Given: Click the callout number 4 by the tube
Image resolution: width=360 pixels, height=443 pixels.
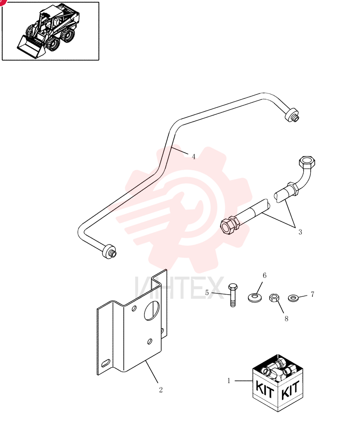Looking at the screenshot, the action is click(193, 156).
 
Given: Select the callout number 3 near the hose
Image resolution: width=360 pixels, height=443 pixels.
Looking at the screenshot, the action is click(300, 232).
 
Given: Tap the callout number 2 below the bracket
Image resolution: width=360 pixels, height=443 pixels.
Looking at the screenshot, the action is click(161, 390).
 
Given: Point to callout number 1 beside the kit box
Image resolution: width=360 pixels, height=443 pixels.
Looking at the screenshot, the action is click(229, 381).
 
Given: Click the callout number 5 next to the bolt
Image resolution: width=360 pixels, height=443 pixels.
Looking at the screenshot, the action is click(207, 293).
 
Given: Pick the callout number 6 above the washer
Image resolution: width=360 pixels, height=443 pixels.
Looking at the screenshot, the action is click(265, 276).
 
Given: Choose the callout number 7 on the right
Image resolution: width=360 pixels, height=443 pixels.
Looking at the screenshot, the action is click(313, 295).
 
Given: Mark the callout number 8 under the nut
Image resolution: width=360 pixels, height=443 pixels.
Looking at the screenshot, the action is click(286, 319).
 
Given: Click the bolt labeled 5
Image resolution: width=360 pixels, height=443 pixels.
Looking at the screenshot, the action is click(233, 295).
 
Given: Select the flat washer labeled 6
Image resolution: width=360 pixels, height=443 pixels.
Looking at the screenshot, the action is click(255, 297).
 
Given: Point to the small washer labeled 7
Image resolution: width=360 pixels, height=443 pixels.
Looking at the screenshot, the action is click(293, 298).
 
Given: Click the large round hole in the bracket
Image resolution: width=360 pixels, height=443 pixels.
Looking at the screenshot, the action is click(152, 311).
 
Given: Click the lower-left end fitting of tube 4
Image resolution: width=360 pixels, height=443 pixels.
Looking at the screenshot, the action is click(109, 252).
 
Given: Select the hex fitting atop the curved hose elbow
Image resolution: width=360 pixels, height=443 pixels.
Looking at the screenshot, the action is click(307, 162).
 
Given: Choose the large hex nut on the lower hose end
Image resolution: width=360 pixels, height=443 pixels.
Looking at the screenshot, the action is click(228, 226).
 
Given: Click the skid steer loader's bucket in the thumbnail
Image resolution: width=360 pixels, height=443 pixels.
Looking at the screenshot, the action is click(30, 46).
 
